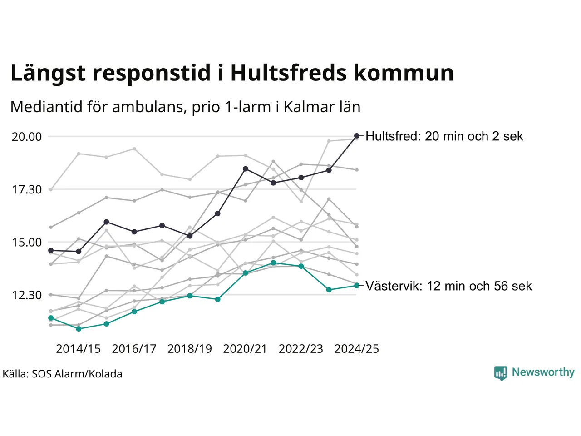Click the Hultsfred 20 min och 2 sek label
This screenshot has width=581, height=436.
(x=444, y=136)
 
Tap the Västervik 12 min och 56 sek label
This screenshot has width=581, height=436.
(x=448, y=286)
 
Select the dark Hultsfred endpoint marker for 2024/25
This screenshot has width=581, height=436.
(x=357, y=136)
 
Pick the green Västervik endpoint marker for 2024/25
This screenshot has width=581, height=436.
(x=357, y=286)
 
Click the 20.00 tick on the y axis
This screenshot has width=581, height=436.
(x=27, y=137)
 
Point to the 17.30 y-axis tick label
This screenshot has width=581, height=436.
(x=27, y=189)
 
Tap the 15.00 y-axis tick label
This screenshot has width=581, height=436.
(x=27, y=243)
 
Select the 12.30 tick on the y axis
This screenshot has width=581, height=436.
(x=27, y=295)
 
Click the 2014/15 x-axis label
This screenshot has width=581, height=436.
(x=78, y=349)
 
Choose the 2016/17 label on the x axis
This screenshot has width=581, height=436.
(x=134, y=349)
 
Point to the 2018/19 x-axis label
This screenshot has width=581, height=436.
(x=190, y=349)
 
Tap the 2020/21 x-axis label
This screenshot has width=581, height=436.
(x=245, y=349)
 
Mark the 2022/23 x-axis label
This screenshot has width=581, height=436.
(x=301, y=349)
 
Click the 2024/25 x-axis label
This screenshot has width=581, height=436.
(x=357, y=349)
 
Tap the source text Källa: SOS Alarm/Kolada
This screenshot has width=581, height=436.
(x=63, y=374)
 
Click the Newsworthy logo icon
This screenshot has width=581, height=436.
(x=500, y=373)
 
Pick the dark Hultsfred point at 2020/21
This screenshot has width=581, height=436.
(x=246, y=169)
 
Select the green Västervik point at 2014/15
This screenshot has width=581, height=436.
(x=79, y=329)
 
